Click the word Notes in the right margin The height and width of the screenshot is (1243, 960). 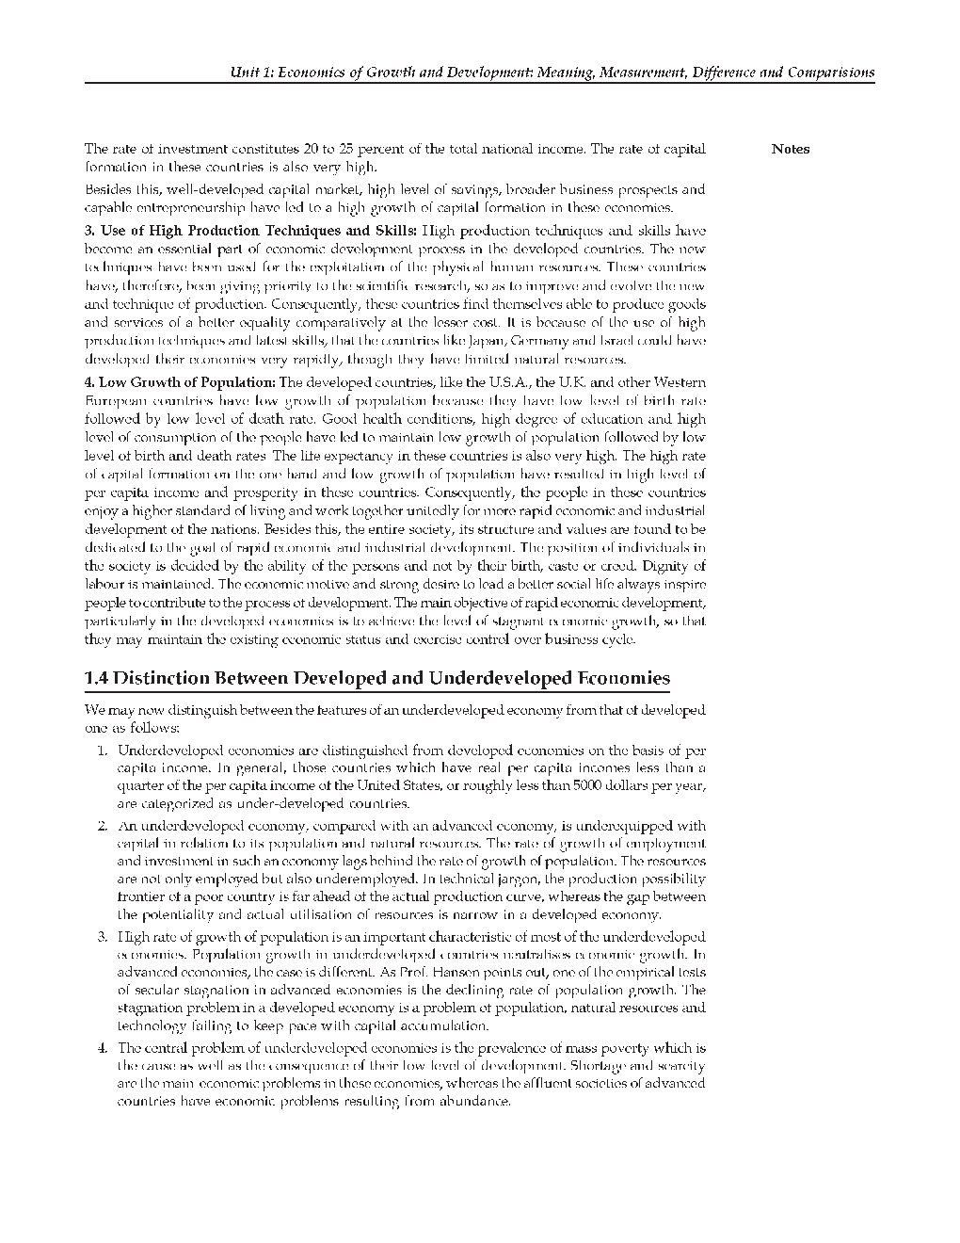(x=790, y=149)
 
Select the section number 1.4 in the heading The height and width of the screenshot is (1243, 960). (x=97, y=678)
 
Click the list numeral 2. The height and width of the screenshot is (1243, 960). (x=102, y=826)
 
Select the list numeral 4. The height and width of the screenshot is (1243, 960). (x=102, y=1048)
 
